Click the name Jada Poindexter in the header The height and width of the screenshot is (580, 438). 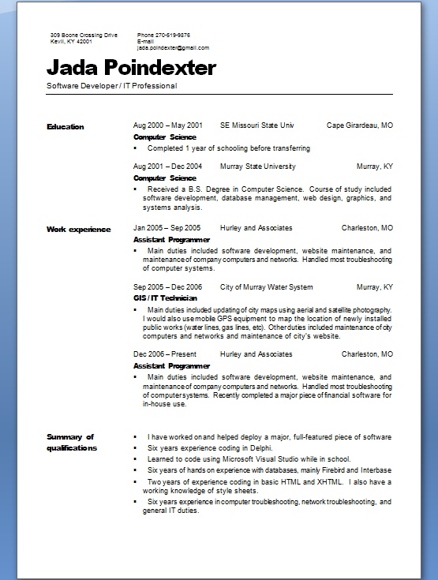[x=131, y=67]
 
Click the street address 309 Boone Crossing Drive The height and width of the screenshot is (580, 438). [x=83, y=36]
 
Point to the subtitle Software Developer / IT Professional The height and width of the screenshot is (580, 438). [x=112, y=85]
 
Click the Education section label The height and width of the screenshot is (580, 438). [x=65, y=126]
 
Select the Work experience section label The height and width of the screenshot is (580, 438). [x=78, y=229]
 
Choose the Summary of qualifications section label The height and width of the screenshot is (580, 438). [x=71, y=442]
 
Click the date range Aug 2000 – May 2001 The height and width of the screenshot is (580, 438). [x=168, y=125]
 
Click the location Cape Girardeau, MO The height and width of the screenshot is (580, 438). [x=359, y=125]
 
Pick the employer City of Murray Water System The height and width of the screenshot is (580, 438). [x=266, y=286]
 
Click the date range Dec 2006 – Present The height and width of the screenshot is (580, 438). [x=165, y=355]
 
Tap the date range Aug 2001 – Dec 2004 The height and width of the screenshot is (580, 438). [x=168, y=167]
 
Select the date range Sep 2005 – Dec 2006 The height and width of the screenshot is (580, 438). [x=168, y=286]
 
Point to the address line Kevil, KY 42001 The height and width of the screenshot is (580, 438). [x=71, y=42]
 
